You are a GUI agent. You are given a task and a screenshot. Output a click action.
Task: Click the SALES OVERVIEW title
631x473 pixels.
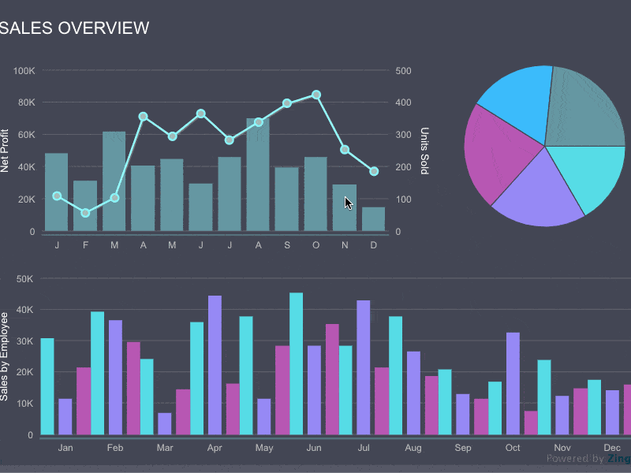[76, 28]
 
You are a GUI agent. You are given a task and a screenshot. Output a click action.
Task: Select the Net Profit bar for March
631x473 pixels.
[114, 181]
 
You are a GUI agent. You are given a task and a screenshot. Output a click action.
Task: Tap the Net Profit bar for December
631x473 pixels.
[373, 219]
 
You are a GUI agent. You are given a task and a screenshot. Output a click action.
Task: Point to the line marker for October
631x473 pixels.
[316, 95]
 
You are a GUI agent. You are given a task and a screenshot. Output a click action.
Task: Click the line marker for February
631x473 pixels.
[85, 213]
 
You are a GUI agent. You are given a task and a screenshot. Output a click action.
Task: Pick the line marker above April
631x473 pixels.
[143, 117]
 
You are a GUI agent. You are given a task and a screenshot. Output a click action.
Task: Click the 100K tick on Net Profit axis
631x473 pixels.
[24, 71]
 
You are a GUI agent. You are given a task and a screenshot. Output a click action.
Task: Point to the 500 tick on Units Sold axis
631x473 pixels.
[403, 71]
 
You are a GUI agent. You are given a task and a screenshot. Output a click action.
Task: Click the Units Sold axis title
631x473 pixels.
[424, 151]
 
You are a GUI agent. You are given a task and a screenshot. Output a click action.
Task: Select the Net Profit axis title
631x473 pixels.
[6, 151]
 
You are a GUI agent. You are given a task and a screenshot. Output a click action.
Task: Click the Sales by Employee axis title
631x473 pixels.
[6, 356]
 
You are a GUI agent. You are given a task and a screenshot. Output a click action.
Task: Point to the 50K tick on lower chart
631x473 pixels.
[24, 278]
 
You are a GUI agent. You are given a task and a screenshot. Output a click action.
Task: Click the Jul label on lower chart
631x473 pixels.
[364, 448]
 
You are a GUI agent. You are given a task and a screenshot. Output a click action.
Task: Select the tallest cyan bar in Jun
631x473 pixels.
[296, 363]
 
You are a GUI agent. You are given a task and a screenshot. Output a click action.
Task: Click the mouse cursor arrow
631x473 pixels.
[348, 203]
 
